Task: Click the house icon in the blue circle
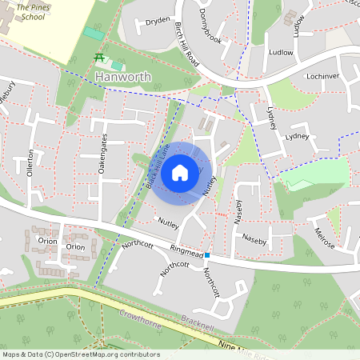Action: [180, 172]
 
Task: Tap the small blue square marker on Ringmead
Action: [207, 255]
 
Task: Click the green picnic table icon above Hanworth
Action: [100, 58]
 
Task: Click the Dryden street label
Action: [158, 22]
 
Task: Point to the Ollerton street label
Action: [31, 162]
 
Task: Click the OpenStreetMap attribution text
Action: [80, 354]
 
